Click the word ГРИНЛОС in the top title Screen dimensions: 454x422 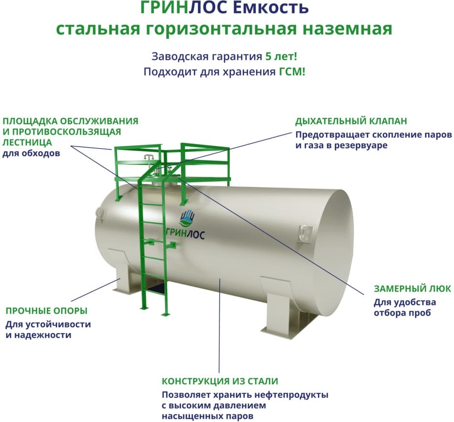184,8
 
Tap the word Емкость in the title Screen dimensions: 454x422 270,8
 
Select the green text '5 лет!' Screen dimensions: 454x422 281,56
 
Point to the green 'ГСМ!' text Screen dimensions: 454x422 292,72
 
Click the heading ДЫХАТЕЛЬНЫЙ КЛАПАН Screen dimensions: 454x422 351,121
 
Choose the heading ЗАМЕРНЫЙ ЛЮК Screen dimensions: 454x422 412,289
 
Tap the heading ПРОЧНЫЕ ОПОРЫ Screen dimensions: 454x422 46,311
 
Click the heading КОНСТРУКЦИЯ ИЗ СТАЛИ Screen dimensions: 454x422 220,381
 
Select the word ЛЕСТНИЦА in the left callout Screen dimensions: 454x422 27,142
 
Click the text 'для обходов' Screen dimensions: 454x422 31,153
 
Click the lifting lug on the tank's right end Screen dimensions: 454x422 304,232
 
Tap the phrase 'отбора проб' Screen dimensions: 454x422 402,313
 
